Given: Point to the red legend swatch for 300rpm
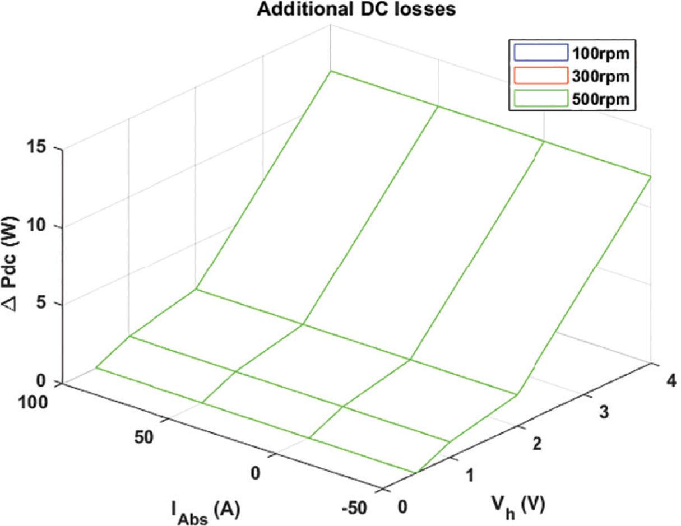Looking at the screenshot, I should tap(539, 75).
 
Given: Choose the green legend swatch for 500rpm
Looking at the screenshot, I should tap(539, 97).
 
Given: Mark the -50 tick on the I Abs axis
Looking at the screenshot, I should tap(354, 508).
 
